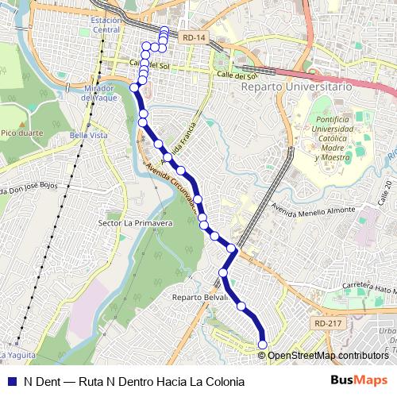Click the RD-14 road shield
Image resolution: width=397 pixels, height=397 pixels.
(194, 37)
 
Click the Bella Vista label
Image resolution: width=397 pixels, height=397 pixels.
(88, 136)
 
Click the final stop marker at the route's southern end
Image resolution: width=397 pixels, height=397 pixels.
(263, 344)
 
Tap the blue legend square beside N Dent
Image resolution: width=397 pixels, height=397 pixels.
(12, 381)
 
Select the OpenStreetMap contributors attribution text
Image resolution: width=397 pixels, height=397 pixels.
(328, 355)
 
